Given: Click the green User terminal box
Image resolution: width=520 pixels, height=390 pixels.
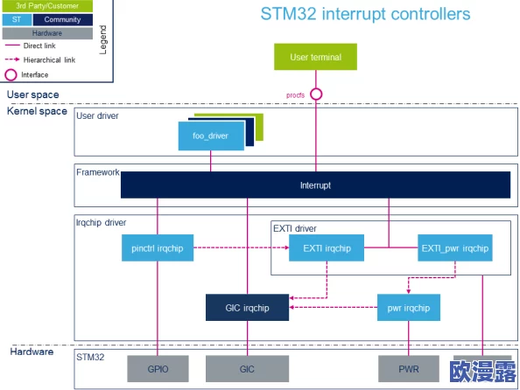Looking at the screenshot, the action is point(315,57).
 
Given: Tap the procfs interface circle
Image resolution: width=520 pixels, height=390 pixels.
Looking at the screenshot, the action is point(316,94).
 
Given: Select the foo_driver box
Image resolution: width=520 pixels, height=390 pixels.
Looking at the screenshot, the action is point(211,136).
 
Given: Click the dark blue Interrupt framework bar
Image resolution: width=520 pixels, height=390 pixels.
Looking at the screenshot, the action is point(315,185).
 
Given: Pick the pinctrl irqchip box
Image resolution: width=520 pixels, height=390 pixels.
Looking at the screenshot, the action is point(158,247).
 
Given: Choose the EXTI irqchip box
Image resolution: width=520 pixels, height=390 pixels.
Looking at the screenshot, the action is point(327,247).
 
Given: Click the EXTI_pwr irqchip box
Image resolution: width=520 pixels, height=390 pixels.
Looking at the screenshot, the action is point(455,247).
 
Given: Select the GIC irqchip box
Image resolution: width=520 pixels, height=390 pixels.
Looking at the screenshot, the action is point(247,308).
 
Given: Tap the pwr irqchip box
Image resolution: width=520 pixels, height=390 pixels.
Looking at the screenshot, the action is point(409,308).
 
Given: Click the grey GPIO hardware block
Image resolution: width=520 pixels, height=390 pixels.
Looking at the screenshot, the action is point(158,369).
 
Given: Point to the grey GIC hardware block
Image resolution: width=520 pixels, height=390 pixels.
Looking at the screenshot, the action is point(247,369).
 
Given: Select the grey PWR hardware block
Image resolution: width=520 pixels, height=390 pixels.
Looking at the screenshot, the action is point(409,369).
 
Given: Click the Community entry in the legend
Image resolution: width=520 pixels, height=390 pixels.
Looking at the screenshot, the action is point(63,19).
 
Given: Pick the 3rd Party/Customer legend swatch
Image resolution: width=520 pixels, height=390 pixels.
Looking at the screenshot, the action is point(47,6).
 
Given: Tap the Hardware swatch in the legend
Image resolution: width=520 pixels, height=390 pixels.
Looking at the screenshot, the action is point(47,33).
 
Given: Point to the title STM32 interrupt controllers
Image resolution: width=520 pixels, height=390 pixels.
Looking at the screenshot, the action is point(365,14).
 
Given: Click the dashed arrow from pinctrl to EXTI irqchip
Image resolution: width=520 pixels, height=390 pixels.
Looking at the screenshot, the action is point(242,247).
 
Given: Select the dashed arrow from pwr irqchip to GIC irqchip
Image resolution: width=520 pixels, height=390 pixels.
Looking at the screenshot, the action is point(333,307).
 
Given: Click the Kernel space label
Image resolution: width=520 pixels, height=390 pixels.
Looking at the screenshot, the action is point(37,111).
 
